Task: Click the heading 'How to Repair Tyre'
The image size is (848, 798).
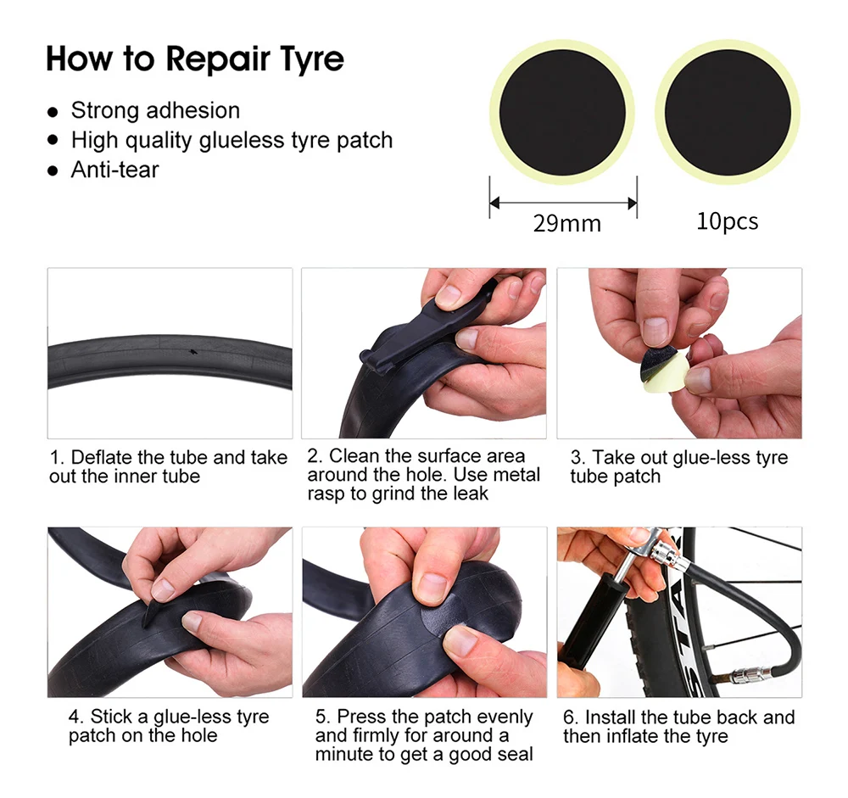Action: pos(195,59)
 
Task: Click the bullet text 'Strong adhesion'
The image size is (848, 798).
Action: pos(155,110)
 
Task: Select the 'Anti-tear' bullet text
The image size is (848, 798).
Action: pos(114,170)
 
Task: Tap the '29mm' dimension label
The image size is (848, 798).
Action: pos(566,223)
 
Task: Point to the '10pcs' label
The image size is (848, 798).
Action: pos(728,220)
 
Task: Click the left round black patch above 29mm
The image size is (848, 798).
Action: pos(562,113)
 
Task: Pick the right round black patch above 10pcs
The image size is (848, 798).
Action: pos(728,113)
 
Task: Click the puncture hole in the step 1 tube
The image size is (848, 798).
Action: pos(192,352)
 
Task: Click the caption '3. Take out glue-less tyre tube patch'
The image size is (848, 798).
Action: pos(679,467)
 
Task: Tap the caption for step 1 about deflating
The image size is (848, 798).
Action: pos(168,466)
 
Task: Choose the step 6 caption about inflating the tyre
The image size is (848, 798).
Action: pos(678,727)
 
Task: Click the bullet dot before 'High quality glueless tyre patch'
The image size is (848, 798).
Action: pos(53,140)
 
